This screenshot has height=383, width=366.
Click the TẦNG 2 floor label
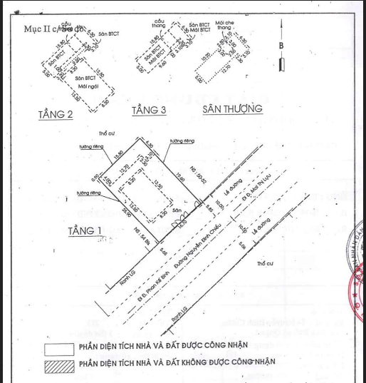(56, 115)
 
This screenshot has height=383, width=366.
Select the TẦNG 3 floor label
(149, 111)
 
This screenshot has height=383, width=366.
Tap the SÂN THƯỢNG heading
(232, 109)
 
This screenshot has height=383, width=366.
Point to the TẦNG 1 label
(85, 230)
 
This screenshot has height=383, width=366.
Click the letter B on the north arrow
(281, 45)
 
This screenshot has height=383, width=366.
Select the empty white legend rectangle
(58, 349)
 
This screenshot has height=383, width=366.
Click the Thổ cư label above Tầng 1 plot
(107, 133)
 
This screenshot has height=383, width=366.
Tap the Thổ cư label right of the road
(265, 263)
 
